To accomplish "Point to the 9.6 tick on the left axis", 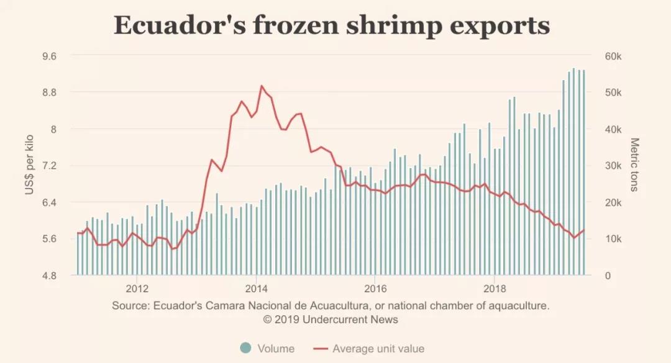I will pos(49,56).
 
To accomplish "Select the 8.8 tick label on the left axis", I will pos(49,92).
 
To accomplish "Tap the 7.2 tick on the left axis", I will pos(49,166).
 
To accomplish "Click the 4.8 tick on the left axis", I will pos(49,276).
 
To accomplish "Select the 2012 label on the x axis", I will pos(137,289).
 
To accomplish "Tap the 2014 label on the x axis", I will pos(257,289).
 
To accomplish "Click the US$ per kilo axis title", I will pos(29,166).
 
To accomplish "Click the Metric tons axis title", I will pos(634,165).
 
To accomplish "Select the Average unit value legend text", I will pos(378,349).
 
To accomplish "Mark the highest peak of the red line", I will pos(261,86).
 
